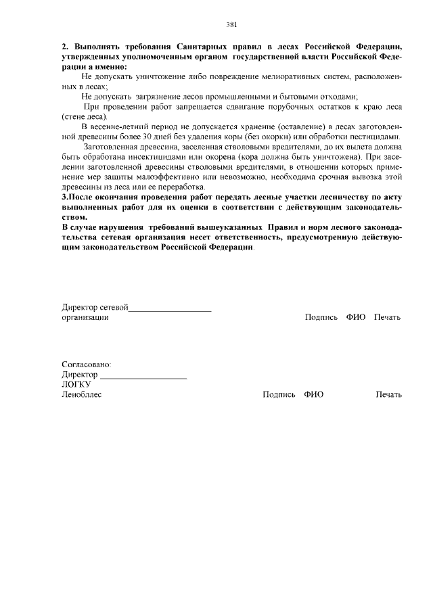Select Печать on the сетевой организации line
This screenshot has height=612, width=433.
click(x=388, y=317)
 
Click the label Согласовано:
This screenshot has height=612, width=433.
click(x=87, y=364)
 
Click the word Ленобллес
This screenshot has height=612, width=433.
click(x=81, y=394)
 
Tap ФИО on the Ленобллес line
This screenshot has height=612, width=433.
click(x=313, y=394)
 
